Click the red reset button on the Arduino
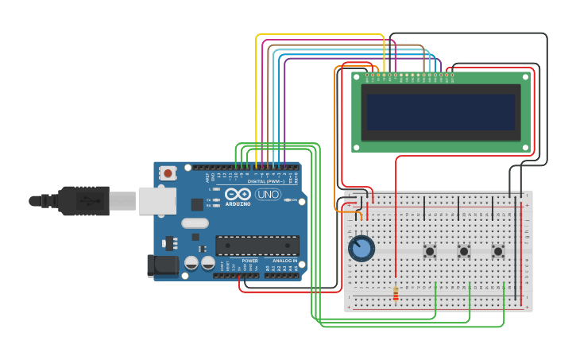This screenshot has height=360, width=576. [x=168, y=172]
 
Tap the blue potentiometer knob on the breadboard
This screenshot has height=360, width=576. [x=361, y=249]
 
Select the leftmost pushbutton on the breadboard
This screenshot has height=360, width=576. [x=430, y=251]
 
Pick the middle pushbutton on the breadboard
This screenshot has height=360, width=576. [x=464, y=251]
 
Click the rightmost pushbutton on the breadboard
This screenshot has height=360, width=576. [x=498, y=251]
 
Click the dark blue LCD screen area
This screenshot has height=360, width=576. [x=440, y=112]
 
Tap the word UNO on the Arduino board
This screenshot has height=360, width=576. [x=268, y=194]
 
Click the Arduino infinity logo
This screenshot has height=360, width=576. [x=238, y=194]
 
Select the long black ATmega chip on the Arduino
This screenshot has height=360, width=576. [x=257, y=246]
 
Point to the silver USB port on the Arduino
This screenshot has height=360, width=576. [x=157, y=201]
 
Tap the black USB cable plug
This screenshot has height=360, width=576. [x=83, y=201]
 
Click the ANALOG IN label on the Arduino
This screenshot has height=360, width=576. [x=284, y=261]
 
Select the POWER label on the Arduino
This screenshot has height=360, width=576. [x=249, y=261]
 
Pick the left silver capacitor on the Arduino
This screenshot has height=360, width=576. [x=191, y=262]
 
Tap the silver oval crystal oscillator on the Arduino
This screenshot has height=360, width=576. [x=195, y=223]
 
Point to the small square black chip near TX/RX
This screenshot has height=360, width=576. [x=196, y=204]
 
